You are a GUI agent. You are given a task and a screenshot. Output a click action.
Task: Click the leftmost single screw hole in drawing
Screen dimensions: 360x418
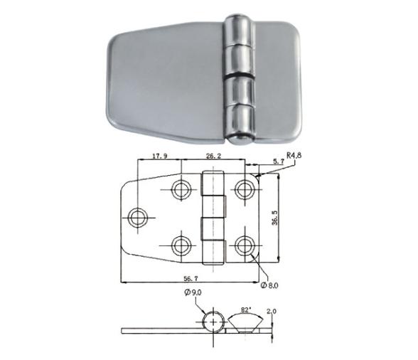pos(137,216)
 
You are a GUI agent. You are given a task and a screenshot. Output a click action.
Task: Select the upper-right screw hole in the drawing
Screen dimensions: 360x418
pos(246,189)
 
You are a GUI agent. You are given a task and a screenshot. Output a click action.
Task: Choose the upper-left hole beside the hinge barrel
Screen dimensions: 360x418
pos(181,189)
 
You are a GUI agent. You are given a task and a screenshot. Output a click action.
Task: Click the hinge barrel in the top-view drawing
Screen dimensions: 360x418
pos(213,217)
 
